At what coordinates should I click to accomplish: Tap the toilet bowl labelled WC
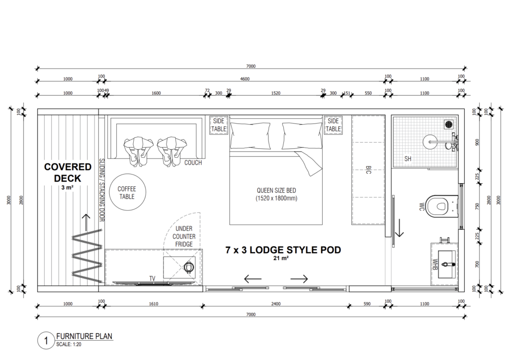(442, 206)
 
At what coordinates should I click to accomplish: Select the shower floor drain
(449, 124)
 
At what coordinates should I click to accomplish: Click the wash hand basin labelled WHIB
(447, 265)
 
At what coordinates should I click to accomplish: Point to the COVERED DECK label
(68, 173)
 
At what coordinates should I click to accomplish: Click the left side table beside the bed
(218, 125)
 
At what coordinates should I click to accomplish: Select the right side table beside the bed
(333, 125)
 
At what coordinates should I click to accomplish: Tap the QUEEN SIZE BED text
(276, 190)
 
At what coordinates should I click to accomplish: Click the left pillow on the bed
(250, 136)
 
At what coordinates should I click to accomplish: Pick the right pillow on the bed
(302, 136)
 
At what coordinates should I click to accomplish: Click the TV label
(152, 278)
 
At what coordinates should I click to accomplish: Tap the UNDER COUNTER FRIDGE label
(184, 236)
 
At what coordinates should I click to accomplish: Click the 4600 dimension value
(245, 79)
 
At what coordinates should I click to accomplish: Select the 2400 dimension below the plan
(276, 304)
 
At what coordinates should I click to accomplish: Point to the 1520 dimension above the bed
(276, 93)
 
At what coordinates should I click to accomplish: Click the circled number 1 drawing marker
(46, 341)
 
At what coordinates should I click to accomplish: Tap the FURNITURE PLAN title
(84, 336)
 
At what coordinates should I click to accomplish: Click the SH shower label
(408, 159)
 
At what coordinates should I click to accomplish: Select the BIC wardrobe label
(368, 170)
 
